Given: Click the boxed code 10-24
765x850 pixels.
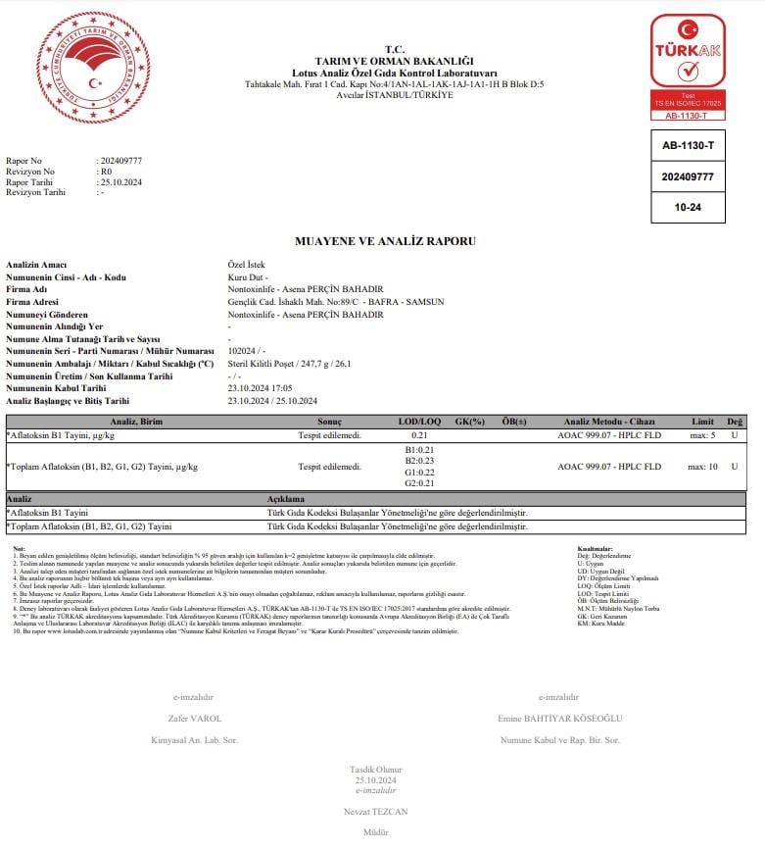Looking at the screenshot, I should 688,207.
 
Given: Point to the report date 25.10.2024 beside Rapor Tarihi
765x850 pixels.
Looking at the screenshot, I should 121,182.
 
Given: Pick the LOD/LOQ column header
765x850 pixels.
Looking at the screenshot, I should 418,421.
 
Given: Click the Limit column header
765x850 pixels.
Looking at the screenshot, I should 702,421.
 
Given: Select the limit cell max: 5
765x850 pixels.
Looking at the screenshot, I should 702,433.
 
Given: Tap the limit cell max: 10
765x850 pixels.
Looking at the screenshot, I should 702,466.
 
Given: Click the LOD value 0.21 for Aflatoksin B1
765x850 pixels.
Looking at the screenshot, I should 419,433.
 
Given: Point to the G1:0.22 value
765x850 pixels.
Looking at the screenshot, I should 419,472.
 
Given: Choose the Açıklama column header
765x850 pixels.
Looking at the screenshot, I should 286,499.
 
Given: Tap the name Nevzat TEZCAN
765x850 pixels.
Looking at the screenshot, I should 376,812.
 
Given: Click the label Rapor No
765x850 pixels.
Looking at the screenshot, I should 24,160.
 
